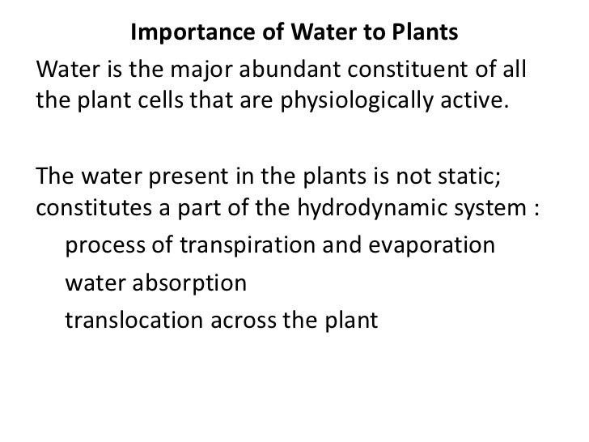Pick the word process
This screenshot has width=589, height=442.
click(103, 244)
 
